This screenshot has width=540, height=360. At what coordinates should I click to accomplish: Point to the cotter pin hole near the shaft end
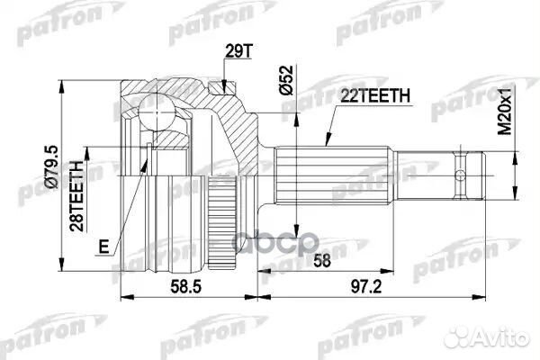(461, 174)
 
